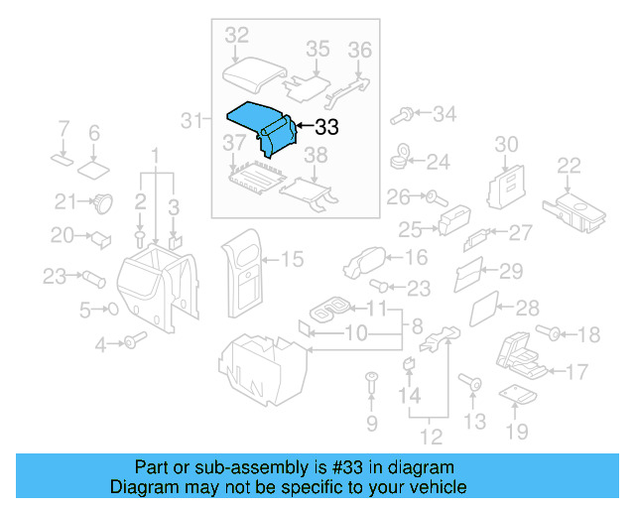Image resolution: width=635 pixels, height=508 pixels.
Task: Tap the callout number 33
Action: [x=326, y=128]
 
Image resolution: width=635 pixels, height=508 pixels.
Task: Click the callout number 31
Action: [x=192, y=121]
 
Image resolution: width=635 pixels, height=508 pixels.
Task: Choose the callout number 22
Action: [x=569, y=165]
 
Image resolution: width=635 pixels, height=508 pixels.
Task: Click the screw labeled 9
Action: [x=372, y=380]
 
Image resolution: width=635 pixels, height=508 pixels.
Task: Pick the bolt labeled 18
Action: [x=546, y=332]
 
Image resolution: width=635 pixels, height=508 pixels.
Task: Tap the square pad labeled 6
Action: [x=94, y=165]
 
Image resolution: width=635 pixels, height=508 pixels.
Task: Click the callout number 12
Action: [x=429, y=435]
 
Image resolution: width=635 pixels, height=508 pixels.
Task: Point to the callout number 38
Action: [x=315, y=155]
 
